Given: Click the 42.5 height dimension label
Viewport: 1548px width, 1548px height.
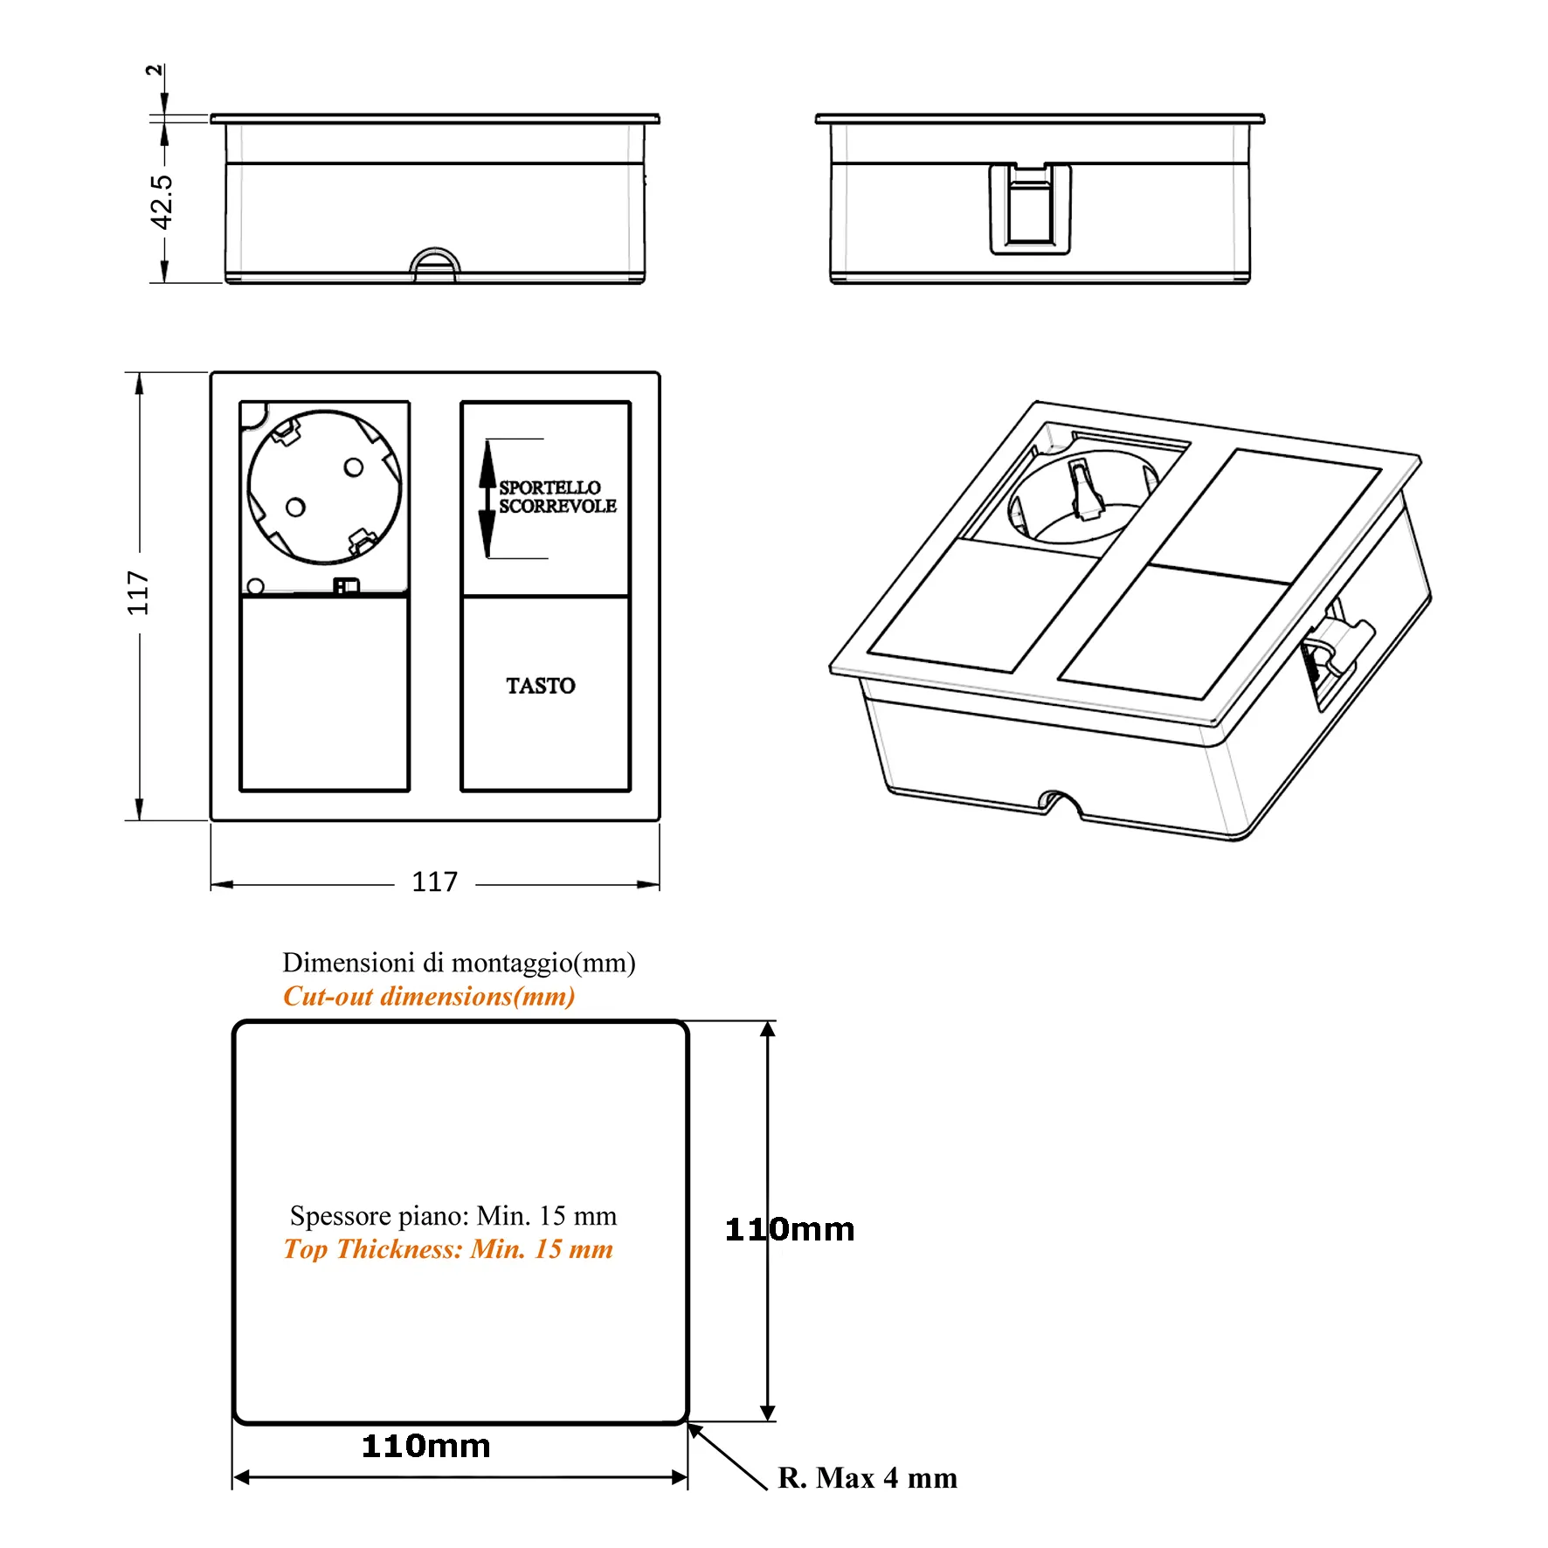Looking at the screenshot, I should pos(162,202).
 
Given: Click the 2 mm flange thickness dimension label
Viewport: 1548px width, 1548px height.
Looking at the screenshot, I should pos(155,70).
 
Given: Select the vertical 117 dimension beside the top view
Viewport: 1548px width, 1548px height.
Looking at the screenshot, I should pos(138,593).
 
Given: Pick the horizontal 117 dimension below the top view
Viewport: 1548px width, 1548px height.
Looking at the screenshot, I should pos(434,881).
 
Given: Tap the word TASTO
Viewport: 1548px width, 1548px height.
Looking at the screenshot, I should pos(541,686).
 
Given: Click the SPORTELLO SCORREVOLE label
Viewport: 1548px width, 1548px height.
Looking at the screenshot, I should pos(557,497).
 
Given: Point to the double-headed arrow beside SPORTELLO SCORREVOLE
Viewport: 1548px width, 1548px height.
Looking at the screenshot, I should pos(487,499).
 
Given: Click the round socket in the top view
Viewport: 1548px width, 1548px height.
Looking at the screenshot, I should pos(324,487).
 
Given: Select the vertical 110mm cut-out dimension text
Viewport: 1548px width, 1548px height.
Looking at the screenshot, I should pos(790,1230).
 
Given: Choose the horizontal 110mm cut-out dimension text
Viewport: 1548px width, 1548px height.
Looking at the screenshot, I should pos(426,1446).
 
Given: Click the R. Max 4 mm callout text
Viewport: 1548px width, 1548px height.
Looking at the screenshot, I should pos(867,1477).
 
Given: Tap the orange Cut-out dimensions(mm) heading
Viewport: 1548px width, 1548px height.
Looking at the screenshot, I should pos(429,996).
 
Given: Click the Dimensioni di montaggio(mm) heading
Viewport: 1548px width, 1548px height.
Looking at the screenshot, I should pos(459,963).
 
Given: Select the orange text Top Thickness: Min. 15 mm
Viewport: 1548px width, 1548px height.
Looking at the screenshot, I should pos(448,1249).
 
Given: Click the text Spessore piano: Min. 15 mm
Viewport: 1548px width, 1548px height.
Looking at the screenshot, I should pos(453,1215).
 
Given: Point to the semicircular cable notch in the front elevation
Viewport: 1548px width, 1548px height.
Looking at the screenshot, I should pos(434,265).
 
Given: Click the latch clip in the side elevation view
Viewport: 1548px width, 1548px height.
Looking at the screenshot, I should pos(1030,210).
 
